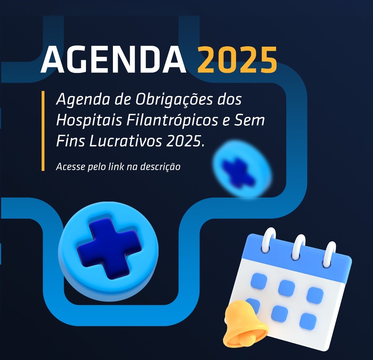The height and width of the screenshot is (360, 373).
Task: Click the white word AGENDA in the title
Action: pos(113,59)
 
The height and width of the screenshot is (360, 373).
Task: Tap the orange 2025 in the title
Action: pos(237,59)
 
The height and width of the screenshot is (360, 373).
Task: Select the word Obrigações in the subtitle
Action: pos(174,99)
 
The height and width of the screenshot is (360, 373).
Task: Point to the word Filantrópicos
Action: pos(172,121)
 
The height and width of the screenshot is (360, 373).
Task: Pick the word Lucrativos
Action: pos(126,141)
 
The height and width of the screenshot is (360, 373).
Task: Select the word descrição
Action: pos(160,167)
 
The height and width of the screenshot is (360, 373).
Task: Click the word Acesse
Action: pos(71,167)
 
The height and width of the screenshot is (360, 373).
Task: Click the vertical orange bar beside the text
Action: pos(43,131)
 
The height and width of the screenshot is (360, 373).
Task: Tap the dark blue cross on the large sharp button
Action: pos(109,248)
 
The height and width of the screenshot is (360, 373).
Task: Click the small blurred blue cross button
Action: pos(242,169)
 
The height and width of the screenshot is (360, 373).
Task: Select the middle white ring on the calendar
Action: pos(299,247)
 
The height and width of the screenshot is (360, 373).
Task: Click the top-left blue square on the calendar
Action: pos(259,281)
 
